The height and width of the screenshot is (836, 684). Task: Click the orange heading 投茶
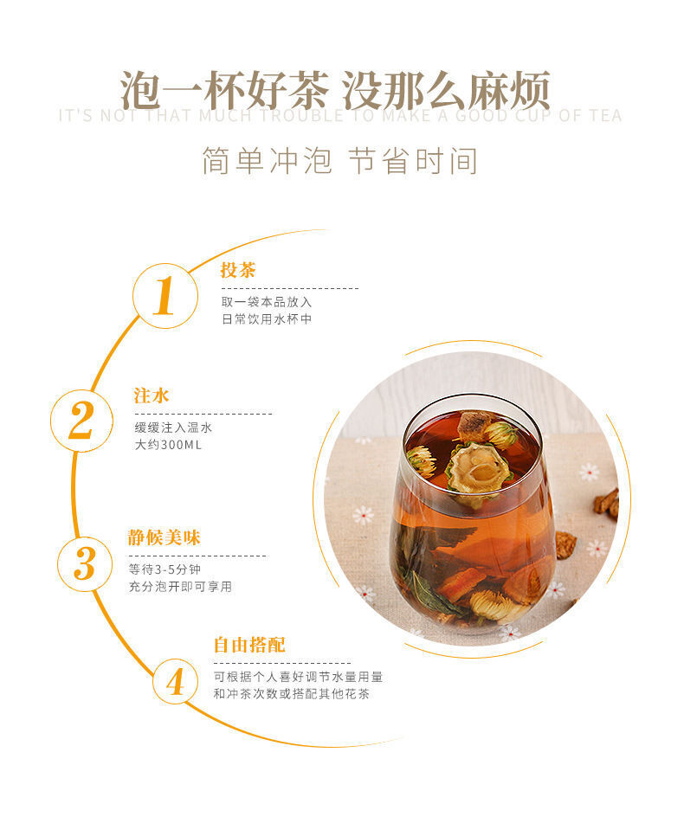[238, 270]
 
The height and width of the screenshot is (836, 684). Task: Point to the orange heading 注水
[152, 395]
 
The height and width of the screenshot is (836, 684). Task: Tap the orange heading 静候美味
[164, 537]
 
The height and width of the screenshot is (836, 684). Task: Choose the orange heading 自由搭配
[249, 645]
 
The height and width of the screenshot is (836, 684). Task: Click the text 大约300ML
[168, 445]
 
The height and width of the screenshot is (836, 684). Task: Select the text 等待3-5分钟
[165, 569]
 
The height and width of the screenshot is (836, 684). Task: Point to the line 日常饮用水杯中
[267, 318]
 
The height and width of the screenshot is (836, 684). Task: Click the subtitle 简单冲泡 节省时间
[340, 161]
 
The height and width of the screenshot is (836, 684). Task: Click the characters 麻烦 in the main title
[509, 91]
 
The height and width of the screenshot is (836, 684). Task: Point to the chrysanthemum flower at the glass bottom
[494, 605]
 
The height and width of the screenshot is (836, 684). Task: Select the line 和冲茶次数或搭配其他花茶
[291, 694]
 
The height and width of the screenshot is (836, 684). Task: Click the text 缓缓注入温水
[173, 428]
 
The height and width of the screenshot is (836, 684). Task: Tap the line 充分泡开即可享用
[180, 587]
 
